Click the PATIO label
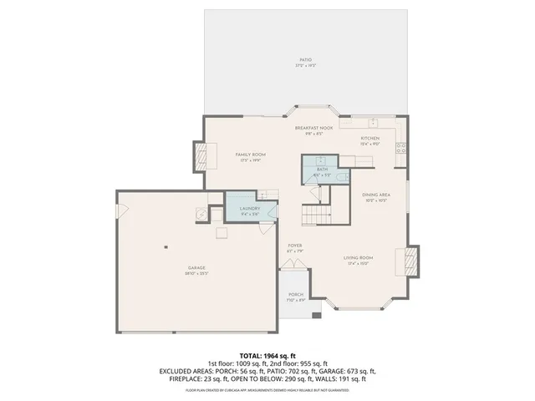[306, 60]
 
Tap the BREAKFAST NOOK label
[313, 128]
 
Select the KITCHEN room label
[369, 138]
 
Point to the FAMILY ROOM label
[249, 155]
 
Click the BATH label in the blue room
[323, 170]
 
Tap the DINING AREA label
[374, 195]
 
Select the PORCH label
[295, 295]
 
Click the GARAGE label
[196, 268]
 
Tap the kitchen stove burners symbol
[402, 149]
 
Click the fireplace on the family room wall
[200, 155]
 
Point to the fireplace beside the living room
[411, 260]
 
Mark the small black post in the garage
[166, 246]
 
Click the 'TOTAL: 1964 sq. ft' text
[267, 355]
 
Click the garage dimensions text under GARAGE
[196, 274]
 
